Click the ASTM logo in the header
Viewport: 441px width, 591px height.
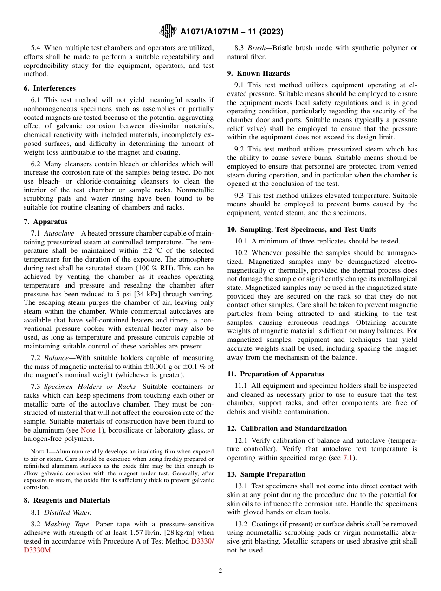pos(168,31)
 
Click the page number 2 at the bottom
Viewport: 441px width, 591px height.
pos(220,571)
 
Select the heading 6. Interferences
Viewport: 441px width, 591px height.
pos(50,88)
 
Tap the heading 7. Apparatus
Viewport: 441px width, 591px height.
pos(45,222)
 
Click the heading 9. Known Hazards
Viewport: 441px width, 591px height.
pos(259,73)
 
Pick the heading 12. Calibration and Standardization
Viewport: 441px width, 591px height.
pos(287,428)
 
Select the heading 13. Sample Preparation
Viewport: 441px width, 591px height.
pos(266,474)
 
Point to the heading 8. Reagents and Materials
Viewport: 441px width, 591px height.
pos(67,500)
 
